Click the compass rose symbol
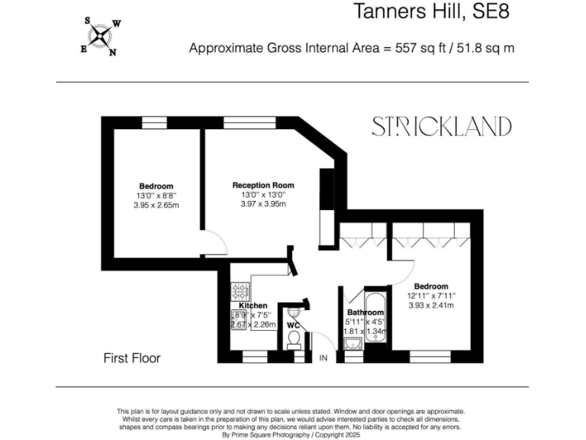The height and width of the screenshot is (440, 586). (x=100, y=35)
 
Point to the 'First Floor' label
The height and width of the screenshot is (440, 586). (x=132, y=357)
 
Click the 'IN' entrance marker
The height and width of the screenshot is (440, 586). (x=323, y=357)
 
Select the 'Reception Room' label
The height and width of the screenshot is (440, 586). (x=263, y=186)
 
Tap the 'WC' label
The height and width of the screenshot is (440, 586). (x=293, y=325)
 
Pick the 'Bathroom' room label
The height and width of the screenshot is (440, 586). (x=365, y=313)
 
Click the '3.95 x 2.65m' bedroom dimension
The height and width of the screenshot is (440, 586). (x=156, y=205)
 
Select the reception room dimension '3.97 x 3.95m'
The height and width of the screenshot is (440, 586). (x=263, y=204)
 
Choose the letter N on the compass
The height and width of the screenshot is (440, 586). (x=112, y=53)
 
